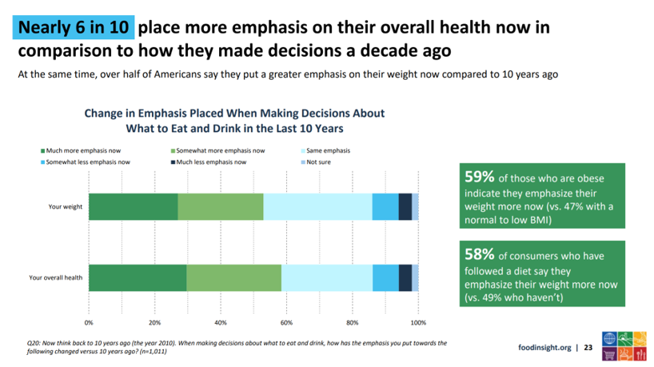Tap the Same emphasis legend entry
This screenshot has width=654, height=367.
click(x=327, y=150)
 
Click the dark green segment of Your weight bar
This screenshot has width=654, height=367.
click(x=133, y=206)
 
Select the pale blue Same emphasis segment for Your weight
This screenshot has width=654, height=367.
click(x=317, y=206)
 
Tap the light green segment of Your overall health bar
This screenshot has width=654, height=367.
click(x=233, y=277)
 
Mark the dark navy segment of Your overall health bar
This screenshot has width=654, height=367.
click(x=405, y=277)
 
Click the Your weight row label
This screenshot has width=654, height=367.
click(x=64, y=207)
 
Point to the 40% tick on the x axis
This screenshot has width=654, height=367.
click(x=221, y=323)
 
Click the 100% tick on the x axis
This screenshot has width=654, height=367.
click(x=418, y=323)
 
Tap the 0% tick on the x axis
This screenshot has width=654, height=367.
click(x=89, y=323)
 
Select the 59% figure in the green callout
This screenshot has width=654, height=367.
click(x=479, y=178)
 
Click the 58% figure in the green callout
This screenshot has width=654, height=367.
click(x=479, y=253)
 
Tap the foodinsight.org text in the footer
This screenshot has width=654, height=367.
click(x=544, y=348)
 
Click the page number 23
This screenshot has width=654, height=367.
click(x=588, y=348)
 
